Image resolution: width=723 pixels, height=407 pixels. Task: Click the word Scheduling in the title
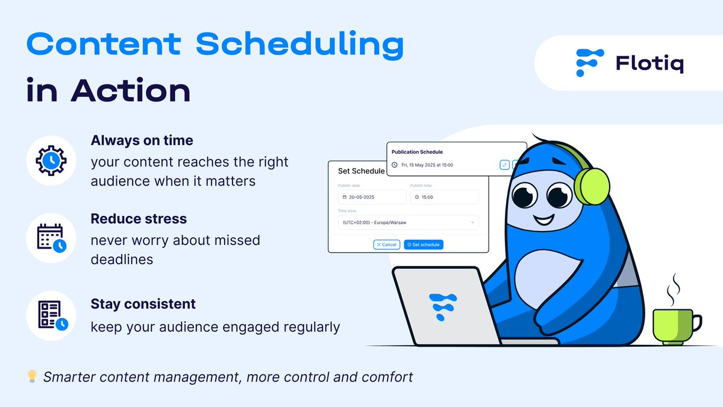pyautogui.click(x=300, y=45)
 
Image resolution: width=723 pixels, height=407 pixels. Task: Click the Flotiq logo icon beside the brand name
pyautogui.click(x=589, y=63)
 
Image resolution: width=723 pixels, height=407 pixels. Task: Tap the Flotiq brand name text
pyautogui.click(x=649, y=64)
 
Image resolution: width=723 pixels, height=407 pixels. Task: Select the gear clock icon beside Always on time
pyautogui.click(x=51, y=160)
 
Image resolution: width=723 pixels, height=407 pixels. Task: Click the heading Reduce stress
pyautogui.click(x=139, y=219)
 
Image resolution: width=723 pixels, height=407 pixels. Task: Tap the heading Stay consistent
pyautogui.click(x=143, y=304)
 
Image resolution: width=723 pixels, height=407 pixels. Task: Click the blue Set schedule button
pyautogui.click(x=424, y=245)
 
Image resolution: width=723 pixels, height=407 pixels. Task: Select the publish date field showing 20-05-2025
pyautogui.click(x=372, y=197)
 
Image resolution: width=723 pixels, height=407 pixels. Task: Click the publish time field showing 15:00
pyautogui.click(x=445, y=197)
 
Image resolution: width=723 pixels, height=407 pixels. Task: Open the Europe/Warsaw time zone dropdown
pyautogui.click(x=408, y=222)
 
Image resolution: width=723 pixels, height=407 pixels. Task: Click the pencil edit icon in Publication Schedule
pyautogui.click(x=504, y=165)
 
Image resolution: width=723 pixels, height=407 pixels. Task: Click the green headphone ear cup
pyautogui.click(x=592, y=186)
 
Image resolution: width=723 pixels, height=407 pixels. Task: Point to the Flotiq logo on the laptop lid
pyautogui.click(x=442, y=306)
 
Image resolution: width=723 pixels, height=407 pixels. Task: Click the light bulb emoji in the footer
pyautogui.click(x=32, y=376)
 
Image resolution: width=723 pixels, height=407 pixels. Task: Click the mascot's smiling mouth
pyautogui.click(x=544, y=221)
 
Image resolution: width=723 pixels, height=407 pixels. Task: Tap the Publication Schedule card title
pyautogui.click(x=417, y=152)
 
